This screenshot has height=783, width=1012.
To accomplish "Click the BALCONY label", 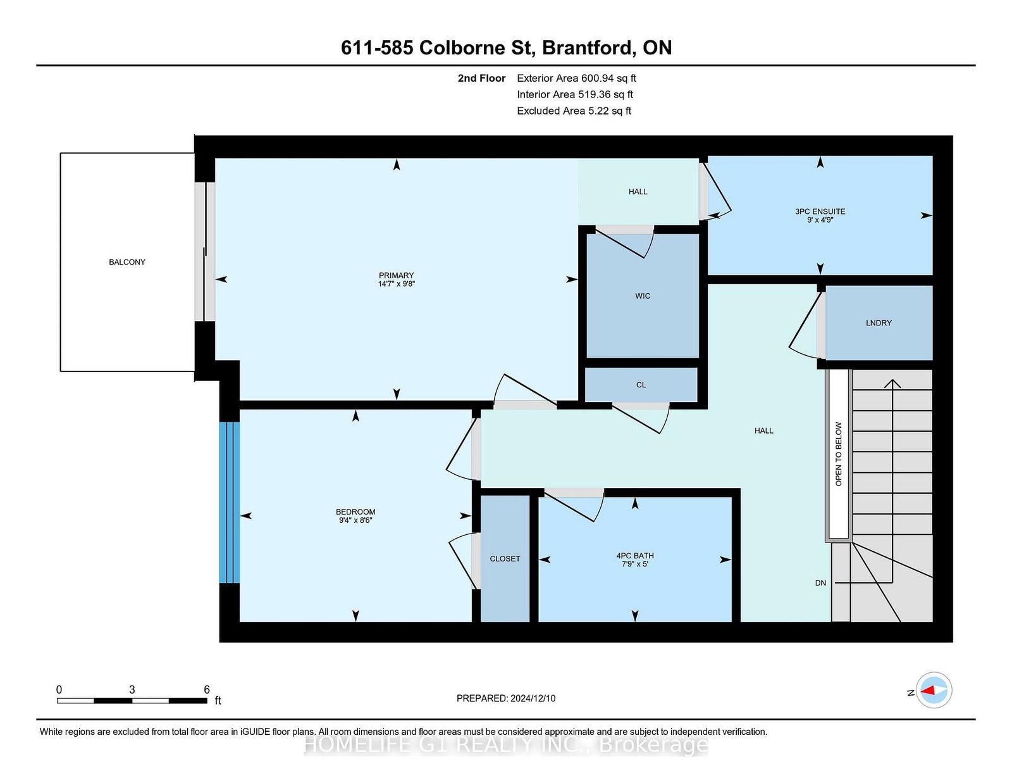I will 127,262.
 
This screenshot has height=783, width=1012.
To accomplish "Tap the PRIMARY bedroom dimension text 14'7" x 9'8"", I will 396,284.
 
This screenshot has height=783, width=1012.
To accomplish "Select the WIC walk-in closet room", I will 643,296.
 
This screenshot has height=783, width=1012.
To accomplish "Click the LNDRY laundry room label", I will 879,323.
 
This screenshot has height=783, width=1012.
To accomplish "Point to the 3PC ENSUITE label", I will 820,211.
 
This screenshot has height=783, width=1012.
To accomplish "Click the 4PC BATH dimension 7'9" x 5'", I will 634,564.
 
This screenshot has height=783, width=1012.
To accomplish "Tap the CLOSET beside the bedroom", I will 505,559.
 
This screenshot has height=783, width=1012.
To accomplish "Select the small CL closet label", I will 641,385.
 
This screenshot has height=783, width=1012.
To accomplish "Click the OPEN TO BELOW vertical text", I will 839,454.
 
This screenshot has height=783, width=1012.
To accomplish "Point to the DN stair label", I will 820,583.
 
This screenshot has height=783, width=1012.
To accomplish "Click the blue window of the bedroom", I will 230,502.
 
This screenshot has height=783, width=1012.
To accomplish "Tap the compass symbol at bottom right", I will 934,690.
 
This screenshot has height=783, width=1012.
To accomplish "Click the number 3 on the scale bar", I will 132,690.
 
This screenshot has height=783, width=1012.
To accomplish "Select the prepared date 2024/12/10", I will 531,698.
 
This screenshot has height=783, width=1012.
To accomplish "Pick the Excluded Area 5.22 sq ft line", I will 574,111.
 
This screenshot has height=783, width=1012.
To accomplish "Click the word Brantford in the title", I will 589,47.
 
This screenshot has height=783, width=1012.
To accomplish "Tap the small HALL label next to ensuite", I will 638,192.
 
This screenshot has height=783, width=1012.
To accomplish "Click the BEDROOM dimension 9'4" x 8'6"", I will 355,520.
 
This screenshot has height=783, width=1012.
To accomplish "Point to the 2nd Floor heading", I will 481,78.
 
